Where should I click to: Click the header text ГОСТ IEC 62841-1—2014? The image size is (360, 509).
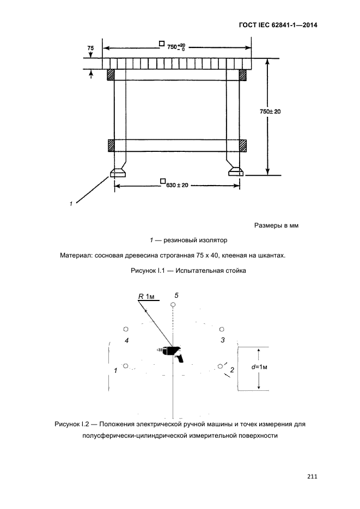tap(278, 25)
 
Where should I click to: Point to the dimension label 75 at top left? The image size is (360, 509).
tap(91, 48)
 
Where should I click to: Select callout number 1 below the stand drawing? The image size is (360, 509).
tap(71, 204)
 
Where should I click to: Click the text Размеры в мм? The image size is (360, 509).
tap(276, 225)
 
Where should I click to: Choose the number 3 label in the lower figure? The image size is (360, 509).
tap(222, 340)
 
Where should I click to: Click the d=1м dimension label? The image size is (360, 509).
tap(260, 367)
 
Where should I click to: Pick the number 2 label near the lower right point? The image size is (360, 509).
tap(233, 370)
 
